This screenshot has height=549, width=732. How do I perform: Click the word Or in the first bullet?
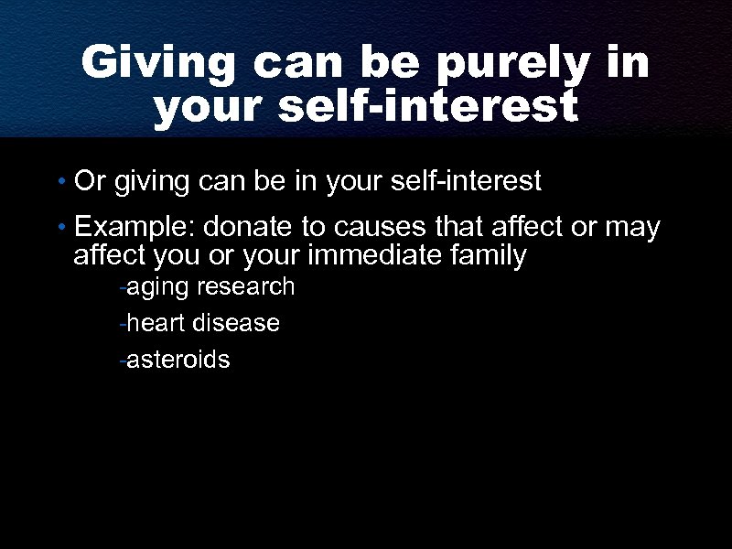click(90, 181)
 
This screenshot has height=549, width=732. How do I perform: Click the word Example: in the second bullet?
click(135, 228)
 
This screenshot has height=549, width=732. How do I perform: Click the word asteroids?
click(178, 360)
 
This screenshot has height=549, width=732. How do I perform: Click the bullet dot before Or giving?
click(60, 183)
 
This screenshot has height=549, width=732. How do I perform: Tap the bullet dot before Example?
click(60, 228)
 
